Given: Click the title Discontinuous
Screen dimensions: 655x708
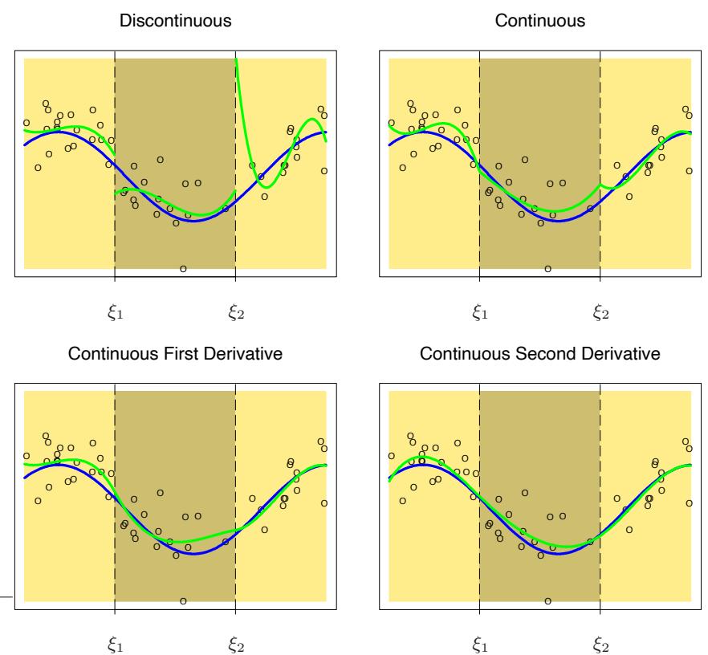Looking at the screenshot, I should (175, 22).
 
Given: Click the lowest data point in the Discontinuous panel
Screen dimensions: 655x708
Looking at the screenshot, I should (183, 269).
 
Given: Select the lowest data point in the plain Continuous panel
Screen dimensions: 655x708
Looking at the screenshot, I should (547, 269).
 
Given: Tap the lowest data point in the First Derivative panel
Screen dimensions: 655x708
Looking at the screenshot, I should (183, 601).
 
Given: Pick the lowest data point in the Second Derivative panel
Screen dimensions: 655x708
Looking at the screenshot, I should (547, 601).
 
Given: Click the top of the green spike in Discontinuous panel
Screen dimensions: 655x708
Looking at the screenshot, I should (236, 59).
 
